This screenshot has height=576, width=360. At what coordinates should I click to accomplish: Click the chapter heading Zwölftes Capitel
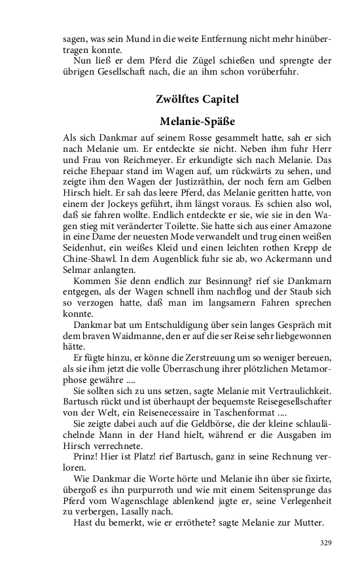click(x=197, y=99)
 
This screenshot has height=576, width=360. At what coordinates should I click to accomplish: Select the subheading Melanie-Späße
click(x=197, y=122)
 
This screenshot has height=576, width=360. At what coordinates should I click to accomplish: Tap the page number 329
click(x=326, y=543)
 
